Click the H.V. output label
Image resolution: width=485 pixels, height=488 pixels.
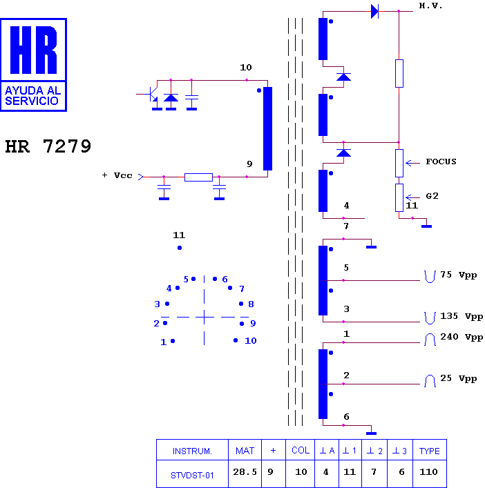click(x=430, y=6)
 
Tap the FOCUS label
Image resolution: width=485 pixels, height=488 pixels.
click(x=441, y=162)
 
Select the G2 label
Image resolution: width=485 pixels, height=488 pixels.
click(x=432, y=196)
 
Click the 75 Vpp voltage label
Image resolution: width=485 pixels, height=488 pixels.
click(x=458, y=275)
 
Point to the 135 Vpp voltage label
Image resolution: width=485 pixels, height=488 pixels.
click(x=462, y=317)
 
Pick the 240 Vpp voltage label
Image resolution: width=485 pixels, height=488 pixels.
click(x=462, y=337)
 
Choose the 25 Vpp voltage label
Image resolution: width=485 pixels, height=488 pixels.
click(x=458, y=378)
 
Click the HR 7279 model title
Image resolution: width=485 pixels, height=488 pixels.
click(x=48, y=146)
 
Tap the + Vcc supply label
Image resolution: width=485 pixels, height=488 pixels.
click(x=117, y=175)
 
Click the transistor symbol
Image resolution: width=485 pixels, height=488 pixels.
click(x=152, y=95)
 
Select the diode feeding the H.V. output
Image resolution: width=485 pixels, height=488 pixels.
click(x=374, y=11)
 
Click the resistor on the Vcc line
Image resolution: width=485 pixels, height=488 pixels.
click(x=198, y=177)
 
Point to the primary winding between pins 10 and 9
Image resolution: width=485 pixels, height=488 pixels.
click(x=267, y=128)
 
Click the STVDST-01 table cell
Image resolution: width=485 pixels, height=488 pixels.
click(x=192, y=476)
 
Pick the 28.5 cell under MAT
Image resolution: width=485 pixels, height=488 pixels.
click(x=245, y=472)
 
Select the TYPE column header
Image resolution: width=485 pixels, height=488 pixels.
click(x=429, y=451)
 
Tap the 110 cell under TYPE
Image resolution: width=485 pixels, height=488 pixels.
click(x=428, y=472)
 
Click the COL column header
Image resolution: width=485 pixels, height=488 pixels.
click(x=301, y=450)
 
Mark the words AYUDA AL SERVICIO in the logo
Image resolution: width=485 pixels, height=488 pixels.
click(x=32, y=95)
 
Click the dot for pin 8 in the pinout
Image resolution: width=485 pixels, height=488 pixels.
click(x=241, y=304)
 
